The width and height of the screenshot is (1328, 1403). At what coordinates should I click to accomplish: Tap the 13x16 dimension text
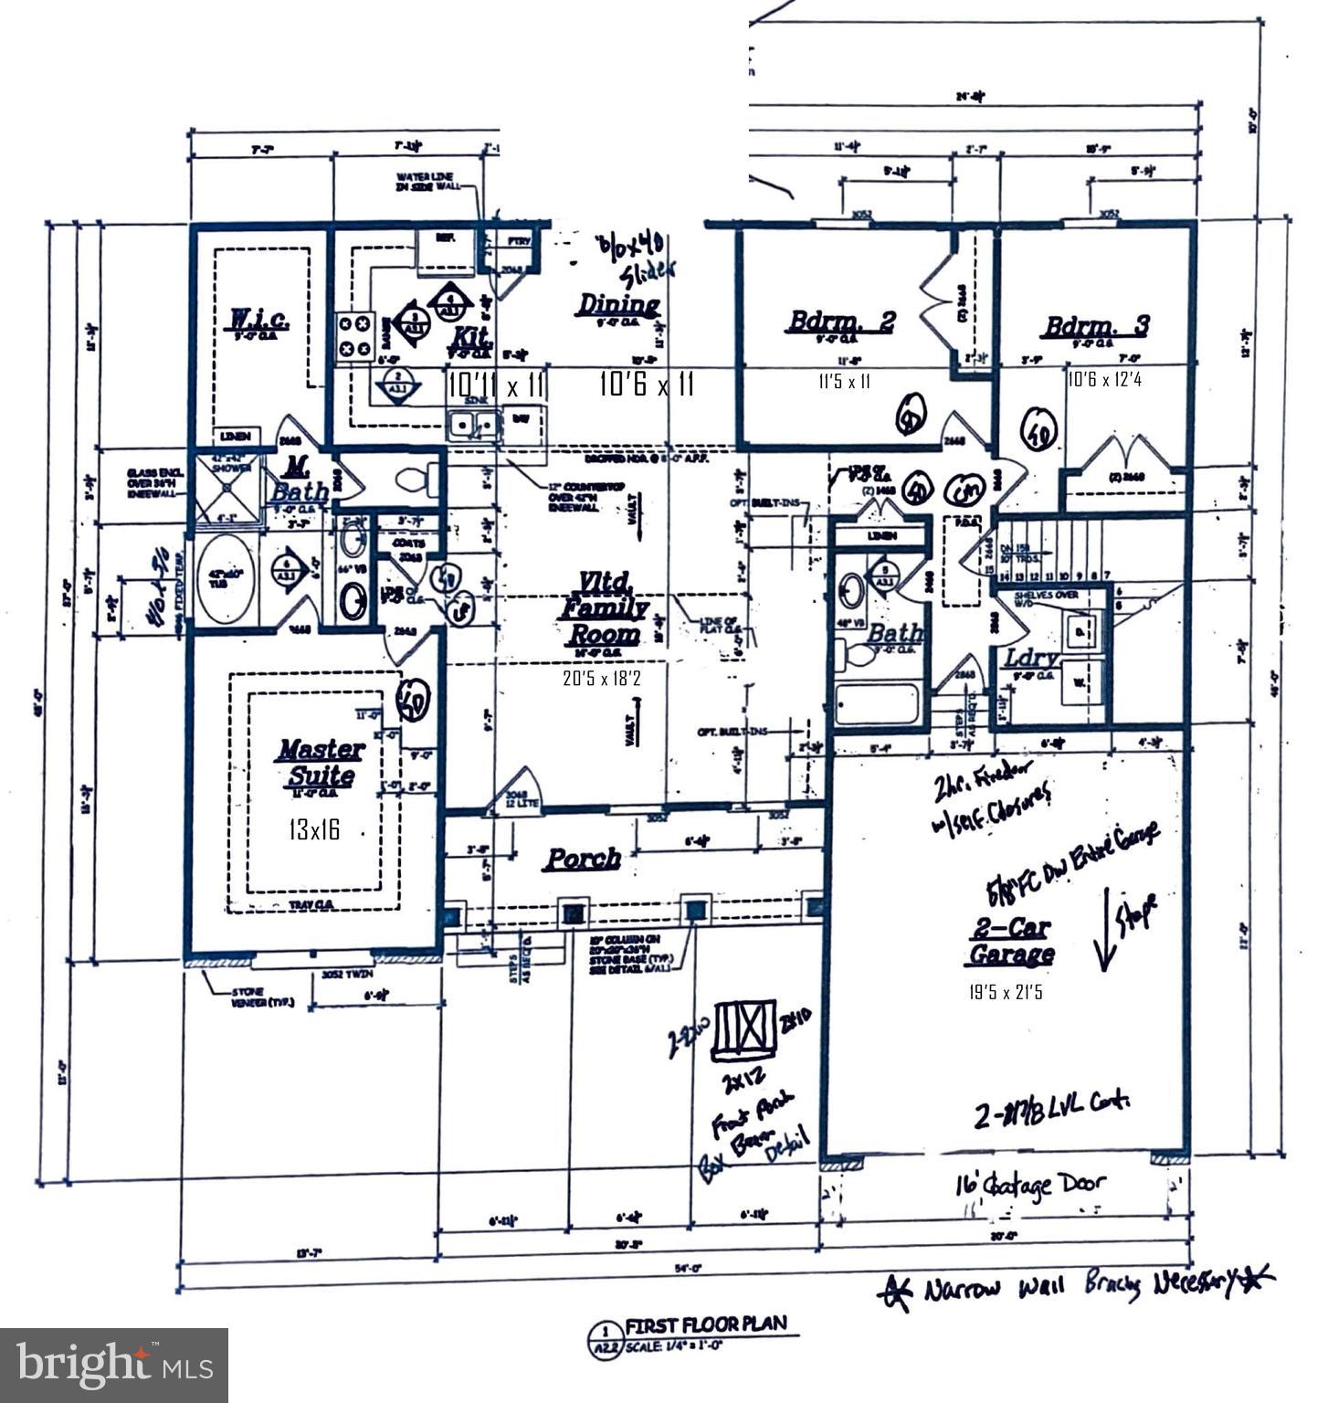314,830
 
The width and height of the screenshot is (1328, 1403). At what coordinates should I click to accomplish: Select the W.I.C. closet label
258,322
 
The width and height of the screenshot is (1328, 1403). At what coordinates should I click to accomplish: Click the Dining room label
618,305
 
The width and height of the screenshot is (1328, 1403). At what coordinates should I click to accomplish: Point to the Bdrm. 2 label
841,322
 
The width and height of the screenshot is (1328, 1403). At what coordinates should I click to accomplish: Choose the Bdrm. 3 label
1097,326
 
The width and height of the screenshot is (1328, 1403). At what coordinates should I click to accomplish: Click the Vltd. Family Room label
604,607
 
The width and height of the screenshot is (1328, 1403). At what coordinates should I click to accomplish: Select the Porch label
583,859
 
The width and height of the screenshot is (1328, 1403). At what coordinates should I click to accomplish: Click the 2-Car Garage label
1009,942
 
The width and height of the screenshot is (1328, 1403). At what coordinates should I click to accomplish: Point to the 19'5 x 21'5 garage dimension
1006,991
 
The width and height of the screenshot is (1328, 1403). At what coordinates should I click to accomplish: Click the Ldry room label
1030,659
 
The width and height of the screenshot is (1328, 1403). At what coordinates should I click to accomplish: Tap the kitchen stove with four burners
353,336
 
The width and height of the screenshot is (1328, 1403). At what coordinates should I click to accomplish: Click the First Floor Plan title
705,1325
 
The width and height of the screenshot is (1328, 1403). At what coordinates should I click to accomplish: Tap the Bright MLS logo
114,1365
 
